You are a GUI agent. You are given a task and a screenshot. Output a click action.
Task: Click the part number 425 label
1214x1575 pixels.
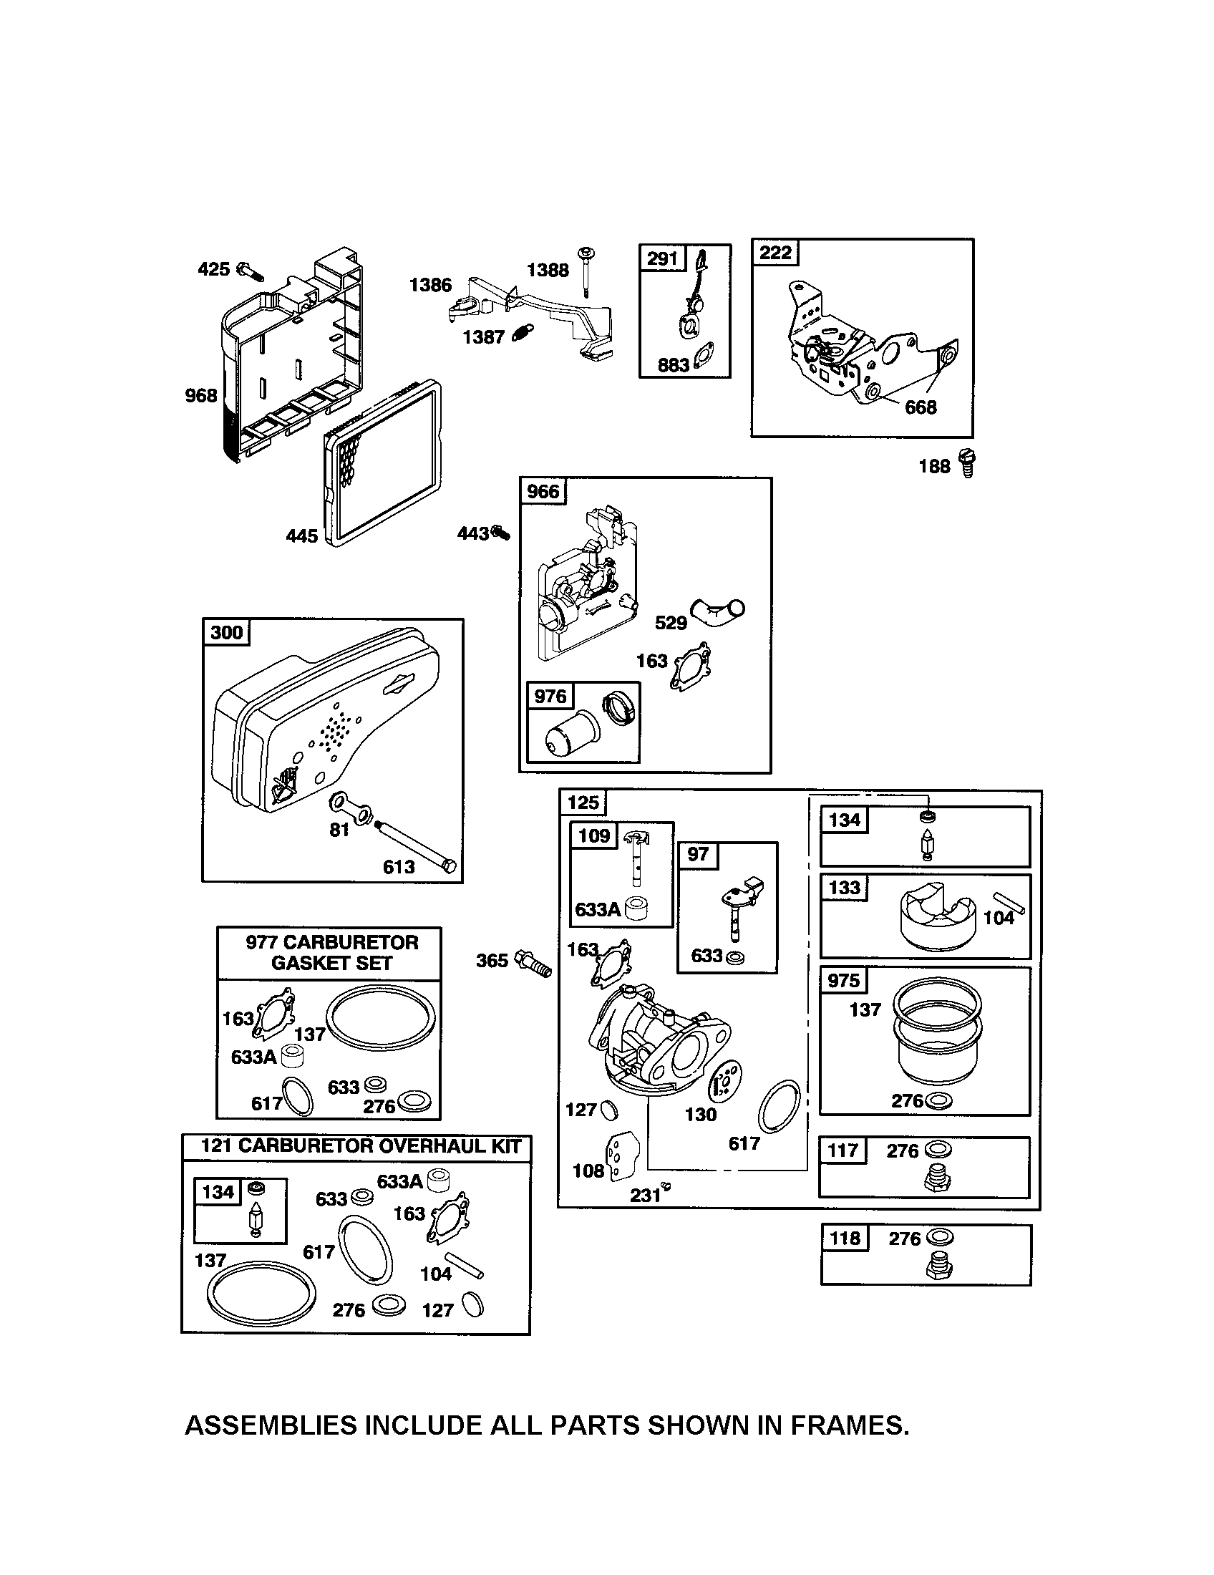tap(213, 269)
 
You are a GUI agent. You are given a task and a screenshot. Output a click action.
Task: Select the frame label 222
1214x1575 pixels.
tap(775, 253)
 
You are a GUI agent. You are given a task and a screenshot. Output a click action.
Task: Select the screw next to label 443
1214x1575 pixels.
tap(500, 533)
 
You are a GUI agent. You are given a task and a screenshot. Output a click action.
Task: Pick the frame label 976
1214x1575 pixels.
tap(550, 696)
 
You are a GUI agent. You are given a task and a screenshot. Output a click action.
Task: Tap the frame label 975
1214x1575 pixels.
tap(843, 981)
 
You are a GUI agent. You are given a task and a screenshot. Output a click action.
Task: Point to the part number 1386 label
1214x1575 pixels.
tap(430, 285)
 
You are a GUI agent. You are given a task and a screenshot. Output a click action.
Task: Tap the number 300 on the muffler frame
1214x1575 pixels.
tap(226, 632)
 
